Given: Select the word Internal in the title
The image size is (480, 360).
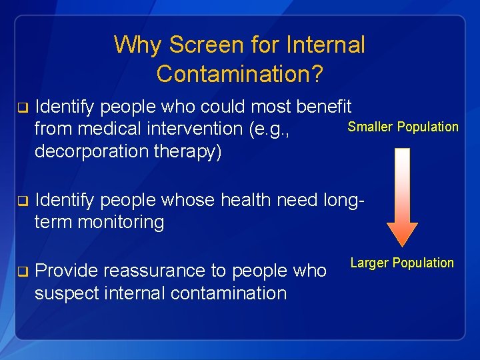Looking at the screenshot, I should click(x=325, y=45).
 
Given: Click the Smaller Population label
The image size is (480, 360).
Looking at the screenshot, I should click(x=403, y=127).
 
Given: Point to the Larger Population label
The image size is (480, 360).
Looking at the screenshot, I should click(x=402, y=263).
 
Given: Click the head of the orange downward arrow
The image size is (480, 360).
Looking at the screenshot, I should click(x=402, y=233).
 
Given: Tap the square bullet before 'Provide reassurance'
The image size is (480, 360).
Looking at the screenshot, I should click(x=21, y=271).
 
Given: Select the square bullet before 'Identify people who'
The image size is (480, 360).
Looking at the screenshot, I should click(x=21, y=107).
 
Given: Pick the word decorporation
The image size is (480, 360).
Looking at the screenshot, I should click(x=93, y=151).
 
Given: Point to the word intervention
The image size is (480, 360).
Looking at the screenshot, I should click(x=199, y=129).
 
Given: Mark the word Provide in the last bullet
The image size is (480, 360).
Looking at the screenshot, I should click(x=65, y=271).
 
